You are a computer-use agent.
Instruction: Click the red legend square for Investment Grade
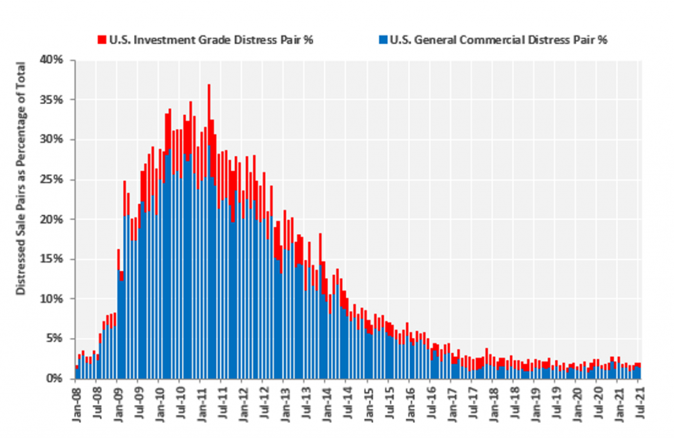[101, 39]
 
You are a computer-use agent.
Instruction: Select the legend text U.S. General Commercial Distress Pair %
[498, 39]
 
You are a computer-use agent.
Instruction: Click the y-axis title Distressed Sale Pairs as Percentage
[21, 178]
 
